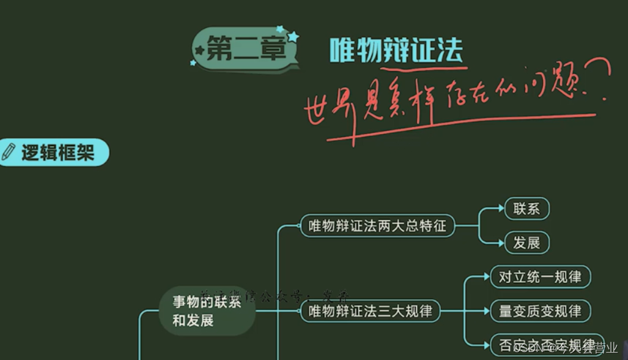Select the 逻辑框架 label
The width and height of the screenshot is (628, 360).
58,153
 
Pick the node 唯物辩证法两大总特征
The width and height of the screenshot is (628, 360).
377,226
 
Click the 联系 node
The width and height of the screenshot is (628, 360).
526,209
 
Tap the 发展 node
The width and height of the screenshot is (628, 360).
526,243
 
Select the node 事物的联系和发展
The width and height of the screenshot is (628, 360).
206,311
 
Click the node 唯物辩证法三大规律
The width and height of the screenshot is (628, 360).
370,311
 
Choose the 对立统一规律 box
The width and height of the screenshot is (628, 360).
539,277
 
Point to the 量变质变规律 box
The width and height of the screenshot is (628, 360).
539,310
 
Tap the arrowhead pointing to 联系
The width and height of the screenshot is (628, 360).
500,209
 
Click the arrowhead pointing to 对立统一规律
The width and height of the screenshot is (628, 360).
486,277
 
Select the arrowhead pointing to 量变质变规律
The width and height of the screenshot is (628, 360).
486,310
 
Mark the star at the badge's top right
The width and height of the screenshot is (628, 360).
293,36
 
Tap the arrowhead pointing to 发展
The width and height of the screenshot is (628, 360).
500,243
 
